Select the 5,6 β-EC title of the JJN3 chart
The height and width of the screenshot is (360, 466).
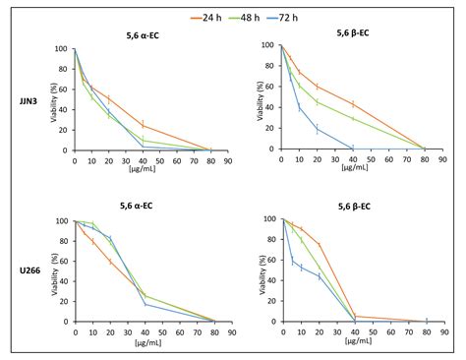click(x=351, y=33)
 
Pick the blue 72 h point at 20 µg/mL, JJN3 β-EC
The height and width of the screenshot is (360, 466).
click(x=318, y=129)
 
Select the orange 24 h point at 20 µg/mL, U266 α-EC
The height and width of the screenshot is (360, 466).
click(x=110, y=261)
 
